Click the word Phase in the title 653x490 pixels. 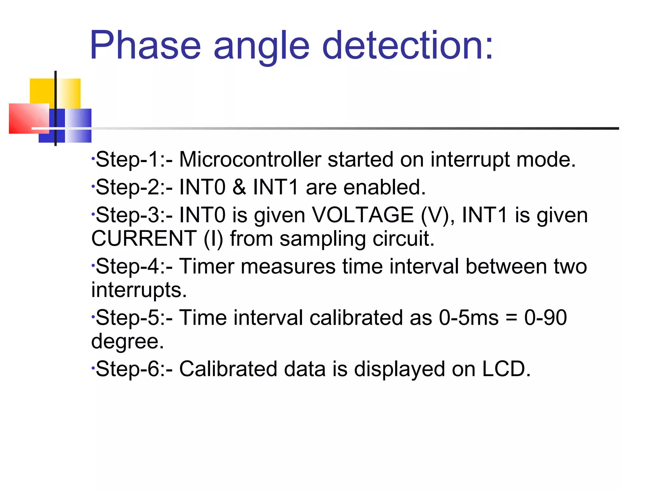tap(145, 45)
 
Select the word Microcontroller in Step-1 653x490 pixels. tap(250, 159)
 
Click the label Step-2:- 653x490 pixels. tap(134, 187)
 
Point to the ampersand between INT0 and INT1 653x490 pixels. tap(239, 187)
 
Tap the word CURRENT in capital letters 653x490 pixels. tap(144, 238)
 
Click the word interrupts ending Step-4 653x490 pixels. tap(139, 290)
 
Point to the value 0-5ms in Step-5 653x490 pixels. tap(468, 318)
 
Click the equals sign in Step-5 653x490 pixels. tap(512, 318)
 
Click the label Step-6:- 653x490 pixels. tap(134, 369)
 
